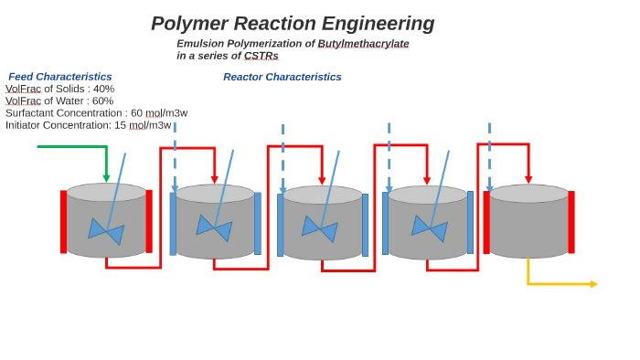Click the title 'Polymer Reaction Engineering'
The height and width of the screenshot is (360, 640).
click(x=293, y=24)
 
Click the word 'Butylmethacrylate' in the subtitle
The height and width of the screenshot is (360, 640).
click(x=363, y=43)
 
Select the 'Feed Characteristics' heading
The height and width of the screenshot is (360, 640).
click(x=60, y=77)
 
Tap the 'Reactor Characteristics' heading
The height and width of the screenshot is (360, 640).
click(x=282, y=77)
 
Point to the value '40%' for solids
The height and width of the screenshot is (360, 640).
click(x=103, y=89)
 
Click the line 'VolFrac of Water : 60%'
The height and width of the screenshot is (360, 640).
click(x=59, y=101)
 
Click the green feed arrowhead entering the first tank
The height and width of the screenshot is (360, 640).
click(x=106, y=178)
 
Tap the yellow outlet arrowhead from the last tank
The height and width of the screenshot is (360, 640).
click(x=593, y=284)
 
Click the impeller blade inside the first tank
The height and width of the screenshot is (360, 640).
click(x=106, y=231)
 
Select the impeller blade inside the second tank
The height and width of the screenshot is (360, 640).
click(x=214, y=228)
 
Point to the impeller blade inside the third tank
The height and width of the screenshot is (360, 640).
click(x=320, y=228)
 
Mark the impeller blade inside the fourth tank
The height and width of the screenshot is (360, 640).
click(x=430, y=228)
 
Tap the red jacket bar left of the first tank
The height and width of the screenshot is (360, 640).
click(x=64, y=222)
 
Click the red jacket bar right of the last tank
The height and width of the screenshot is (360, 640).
click(x=571, y=222)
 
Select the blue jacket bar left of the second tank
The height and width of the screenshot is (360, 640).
click(x=173, y=224)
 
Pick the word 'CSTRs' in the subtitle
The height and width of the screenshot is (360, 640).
click(x=261, y=56)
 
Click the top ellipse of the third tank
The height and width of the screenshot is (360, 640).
click(x=322, y=195)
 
